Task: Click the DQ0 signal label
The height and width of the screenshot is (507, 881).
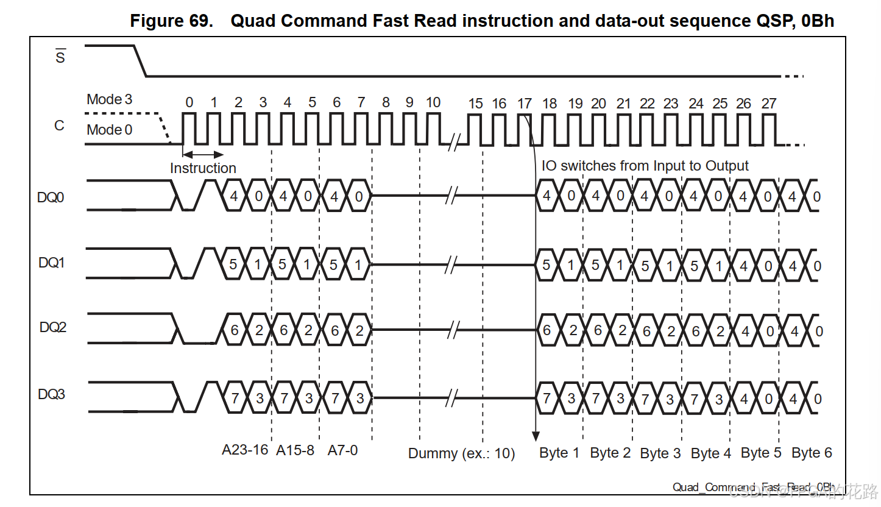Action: [51, 197]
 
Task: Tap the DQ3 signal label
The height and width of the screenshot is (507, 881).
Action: [51, 394]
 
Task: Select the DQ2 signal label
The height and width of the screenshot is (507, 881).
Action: [52, 327]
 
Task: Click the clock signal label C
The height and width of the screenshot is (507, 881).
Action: [59, 126]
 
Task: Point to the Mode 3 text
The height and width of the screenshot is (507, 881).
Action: [109, 99]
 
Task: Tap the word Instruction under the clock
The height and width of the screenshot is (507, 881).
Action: [203, 168]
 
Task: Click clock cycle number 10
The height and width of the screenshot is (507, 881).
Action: [433, 102]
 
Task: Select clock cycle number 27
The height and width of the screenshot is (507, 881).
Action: [769, 104]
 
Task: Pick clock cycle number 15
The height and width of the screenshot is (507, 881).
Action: [475, 104]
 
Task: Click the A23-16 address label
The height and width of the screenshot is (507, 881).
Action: [245, 450]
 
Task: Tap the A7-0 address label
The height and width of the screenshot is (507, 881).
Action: [342, 450]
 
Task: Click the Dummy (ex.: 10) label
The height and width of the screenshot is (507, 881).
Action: [461, 453]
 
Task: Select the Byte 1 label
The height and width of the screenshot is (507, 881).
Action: [559, 453]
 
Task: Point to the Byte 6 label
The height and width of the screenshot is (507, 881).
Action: [812, 453]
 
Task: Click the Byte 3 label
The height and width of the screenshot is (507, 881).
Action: [660, 453]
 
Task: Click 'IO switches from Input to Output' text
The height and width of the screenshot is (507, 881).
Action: [645, 166]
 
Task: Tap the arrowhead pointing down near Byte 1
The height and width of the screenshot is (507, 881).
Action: [536, 436]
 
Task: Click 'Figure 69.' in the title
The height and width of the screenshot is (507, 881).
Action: [172, 21]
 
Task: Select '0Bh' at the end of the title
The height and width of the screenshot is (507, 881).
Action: [818, 21]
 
